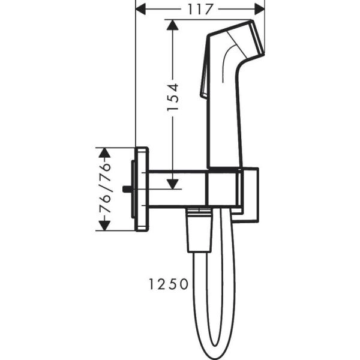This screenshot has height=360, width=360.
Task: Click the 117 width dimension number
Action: point(200,10)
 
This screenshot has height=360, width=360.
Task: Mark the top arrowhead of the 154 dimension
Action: point(173,26)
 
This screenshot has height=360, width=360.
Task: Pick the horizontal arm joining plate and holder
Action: point(177,189)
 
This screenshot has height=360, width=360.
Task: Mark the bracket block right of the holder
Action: point(250,195)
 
